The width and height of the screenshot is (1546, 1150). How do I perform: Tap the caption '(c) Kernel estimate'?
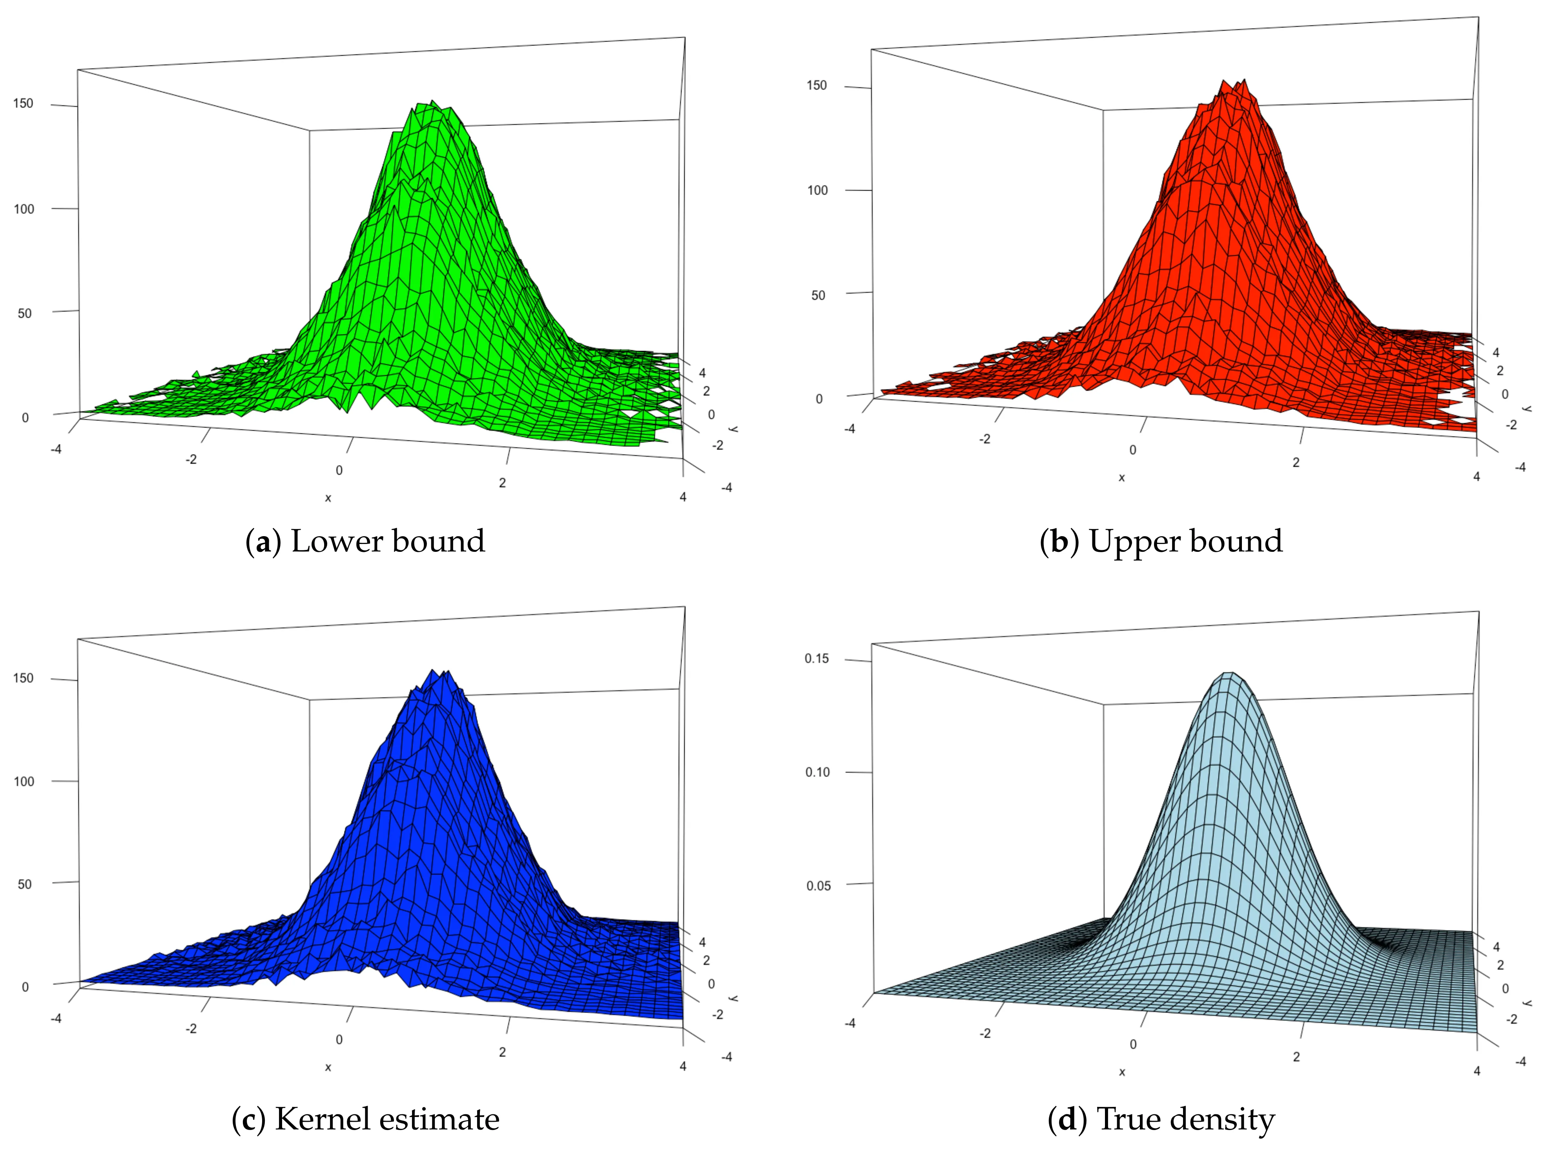coord(366,1119)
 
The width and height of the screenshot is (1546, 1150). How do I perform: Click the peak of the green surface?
coord(432,103)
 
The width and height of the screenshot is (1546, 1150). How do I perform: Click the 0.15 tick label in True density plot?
coord(817,659)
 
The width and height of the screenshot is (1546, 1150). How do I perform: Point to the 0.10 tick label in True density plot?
coord(817,772)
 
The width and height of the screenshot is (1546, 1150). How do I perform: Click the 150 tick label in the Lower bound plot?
coord(23,104)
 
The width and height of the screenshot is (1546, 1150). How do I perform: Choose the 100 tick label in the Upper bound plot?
coord(817,190)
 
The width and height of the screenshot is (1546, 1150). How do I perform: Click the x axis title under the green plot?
coord(328,498)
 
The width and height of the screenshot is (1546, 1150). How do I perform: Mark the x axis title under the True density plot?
coord(1121,1072)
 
